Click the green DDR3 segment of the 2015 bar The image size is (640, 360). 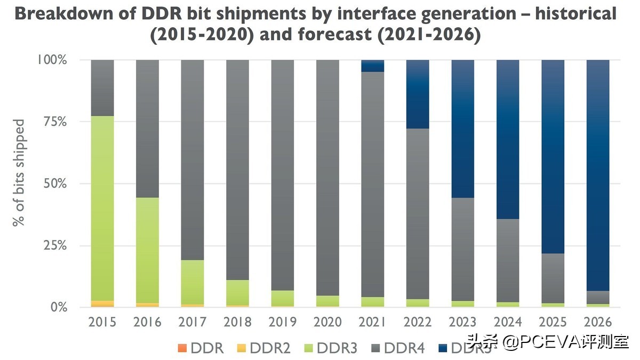click(x=102, y=208)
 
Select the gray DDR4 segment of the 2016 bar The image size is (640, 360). click(x=148, y=128)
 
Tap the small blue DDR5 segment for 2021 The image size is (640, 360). click(x=373, y=66)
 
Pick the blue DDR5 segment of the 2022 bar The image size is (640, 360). click(x=418, y=94)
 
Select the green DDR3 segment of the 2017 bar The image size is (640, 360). click(x=193, y=282)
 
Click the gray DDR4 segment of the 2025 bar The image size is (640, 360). click(x=553, y=278)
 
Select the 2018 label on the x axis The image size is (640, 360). click(x=238, y=323)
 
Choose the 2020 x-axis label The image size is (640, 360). click(x=328, y=323)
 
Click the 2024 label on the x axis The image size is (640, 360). click(x=508, y=323)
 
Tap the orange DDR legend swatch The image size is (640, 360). click(x=183, y=348)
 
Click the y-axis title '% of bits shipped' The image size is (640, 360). click(x=19, y=173)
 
